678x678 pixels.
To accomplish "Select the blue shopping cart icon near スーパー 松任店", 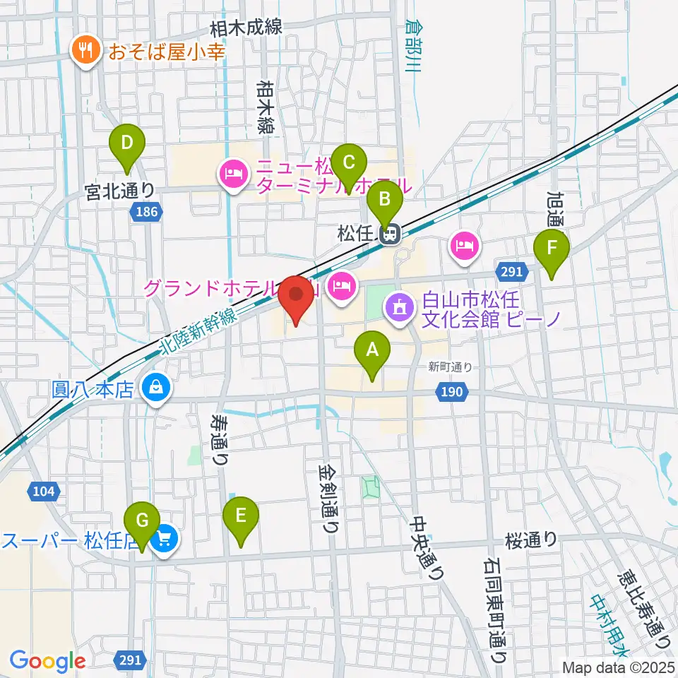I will tap(165, 540).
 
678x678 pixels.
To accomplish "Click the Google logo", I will tap(47, 660).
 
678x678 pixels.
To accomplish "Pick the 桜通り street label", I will tap(530, 540).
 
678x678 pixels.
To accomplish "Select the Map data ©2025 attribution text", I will tap(617, 667).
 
